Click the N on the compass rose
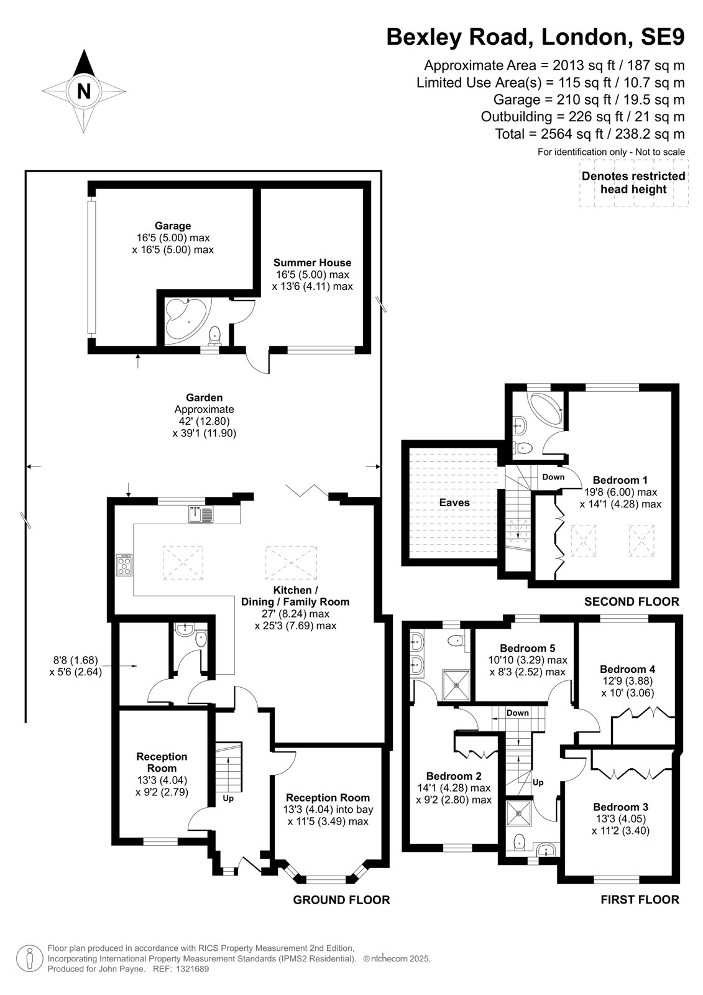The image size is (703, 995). pos(83,91)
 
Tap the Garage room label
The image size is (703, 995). pos(173,226)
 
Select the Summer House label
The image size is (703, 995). pos(312,262)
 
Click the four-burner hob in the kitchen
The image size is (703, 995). pos(124,565)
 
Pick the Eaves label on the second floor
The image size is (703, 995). pos(454,502)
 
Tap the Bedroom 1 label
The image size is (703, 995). pos(620,479)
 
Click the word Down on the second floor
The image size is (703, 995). pos(553,476)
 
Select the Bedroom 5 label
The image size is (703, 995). pos(528,648)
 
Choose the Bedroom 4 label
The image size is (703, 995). pos(627,669)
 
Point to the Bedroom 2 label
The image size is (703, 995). pos(454,775)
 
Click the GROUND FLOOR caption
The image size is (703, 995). pos(341,899)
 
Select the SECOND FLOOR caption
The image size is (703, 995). pos(632,601)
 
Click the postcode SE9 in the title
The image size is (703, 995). pos(662,37)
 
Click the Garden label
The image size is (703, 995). pos(204,397)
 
